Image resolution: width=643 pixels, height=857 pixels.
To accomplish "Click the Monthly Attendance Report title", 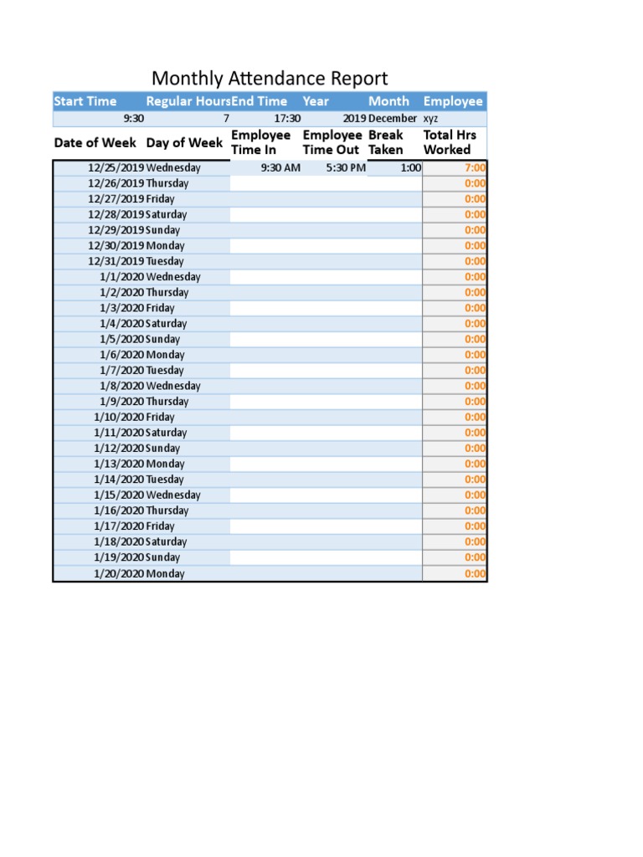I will pos(270,79).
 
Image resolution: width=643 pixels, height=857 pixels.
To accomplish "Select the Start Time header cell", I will pos(85,101).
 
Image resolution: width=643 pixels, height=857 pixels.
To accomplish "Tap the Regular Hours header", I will pos(188,101).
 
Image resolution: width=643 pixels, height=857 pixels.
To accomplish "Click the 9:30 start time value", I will pos(133,118).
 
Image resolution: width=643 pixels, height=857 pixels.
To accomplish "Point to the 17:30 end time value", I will pos(287,118).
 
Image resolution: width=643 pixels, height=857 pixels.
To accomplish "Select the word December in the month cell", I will pos(393,118).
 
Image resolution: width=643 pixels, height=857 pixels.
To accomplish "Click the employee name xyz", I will pos(430,118).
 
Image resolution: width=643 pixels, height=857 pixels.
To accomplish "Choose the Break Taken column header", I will pos(386,142).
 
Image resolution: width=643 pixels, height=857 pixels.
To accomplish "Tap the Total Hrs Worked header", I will pos(450,142).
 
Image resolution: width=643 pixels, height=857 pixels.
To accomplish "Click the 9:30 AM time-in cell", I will pos(280,167).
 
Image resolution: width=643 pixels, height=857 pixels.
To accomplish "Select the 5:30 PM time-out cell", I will pos(346,167).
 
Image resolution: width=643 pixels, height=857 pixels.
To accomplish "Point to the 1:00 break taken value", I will pos(410,167).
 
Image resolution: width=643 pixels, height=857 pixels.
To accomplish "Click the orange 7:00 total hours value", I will pos(475,167).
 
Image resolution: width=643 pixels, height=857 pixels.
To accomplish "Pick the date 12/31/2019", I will pos(116,261).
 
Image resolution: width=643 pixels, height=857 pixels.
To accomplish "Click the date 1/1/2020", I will pos(121,277).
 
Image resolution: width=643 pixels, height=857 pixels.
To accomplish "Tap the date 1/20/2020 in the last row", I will pos(119,573).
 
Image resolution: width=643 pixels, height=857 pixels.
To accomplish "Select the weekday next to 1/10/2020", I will pos(161,417).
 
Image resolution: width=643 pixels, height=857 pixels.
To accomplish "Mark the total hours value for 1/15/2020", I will pos(475,495).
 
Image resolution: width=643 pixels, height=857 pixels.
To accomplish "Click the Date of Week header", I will pos(95,142).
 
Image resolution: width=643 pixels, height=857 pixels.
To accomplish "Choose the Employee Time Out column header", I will pos(332,142).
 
